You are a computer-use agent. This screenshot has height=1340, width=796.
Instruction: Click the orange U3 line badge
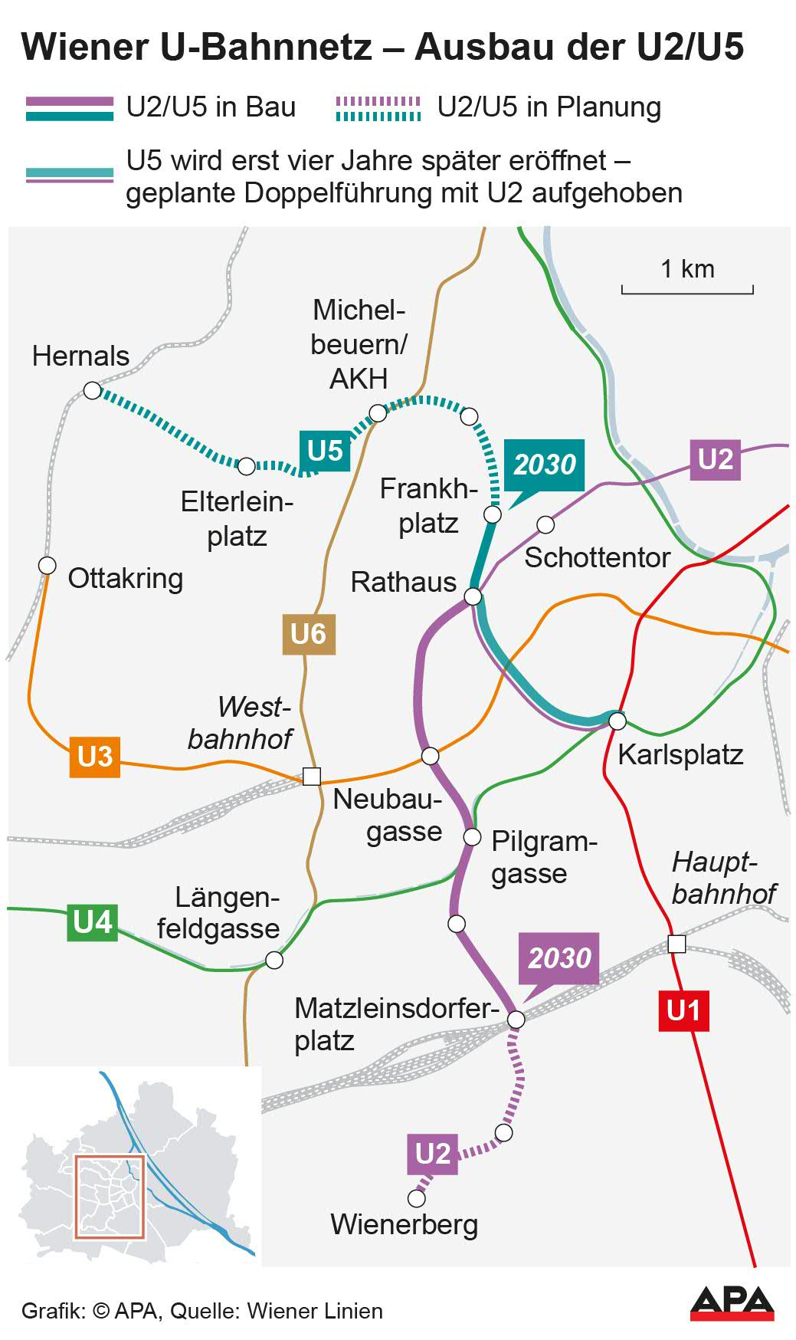click(x=95, y=756)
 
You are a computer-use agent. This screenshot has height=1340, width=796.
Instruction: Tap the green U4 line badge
click(x=93, y=921)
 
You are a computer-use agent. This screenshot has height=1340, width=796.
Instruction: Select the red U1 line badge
click(x=683, y=1010)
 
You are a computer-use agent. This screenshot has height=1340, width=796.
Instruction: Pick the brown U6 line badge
click(x=308, y=634)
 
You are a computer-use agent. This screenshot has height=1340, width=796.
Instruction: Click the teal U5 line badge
click(x=324, y=451)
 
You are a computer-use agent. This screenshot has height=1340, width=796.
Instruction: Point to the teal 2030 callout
click(x=544, y=465)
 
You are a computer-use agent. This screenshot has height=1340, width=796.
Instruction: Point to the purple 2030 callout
click(x=559, y=958)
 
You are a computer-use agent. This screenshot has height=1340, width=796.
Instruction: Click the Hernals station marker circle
click(x=92, y=391)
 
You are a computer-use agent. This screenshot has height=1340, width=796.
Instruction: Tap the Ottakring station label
click(x=126, y=578)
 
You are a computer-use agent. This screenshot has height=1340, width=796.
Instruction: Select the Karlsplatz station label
click(x=680, y=754)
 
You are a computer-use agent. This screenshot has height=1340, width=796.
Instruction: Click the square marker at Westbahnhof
click(x=312, y=776)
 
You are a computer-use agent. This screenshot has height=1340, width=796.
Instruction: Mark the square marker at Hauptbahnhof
click(x=676, y=944)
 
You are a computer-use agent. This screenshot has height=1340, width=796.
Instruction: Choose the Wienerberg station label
click(x=404, y=1224)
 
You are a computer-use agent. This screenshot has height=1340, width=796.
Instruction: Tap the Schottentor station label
click(x=597, y=557)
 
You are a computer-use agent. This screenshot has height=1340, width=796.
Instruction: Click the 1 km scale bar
click(x=687, y=290)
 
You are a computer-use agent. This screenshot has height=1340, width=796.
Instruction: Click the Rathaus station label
click(x=403, y=583)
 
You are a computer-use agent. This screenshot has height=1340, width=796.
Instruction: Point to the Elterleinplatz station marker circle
click(x=247, y=466)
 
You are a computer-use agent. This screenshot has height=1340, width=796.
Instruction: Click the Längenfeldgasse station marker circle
click(x=274, y=960)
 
